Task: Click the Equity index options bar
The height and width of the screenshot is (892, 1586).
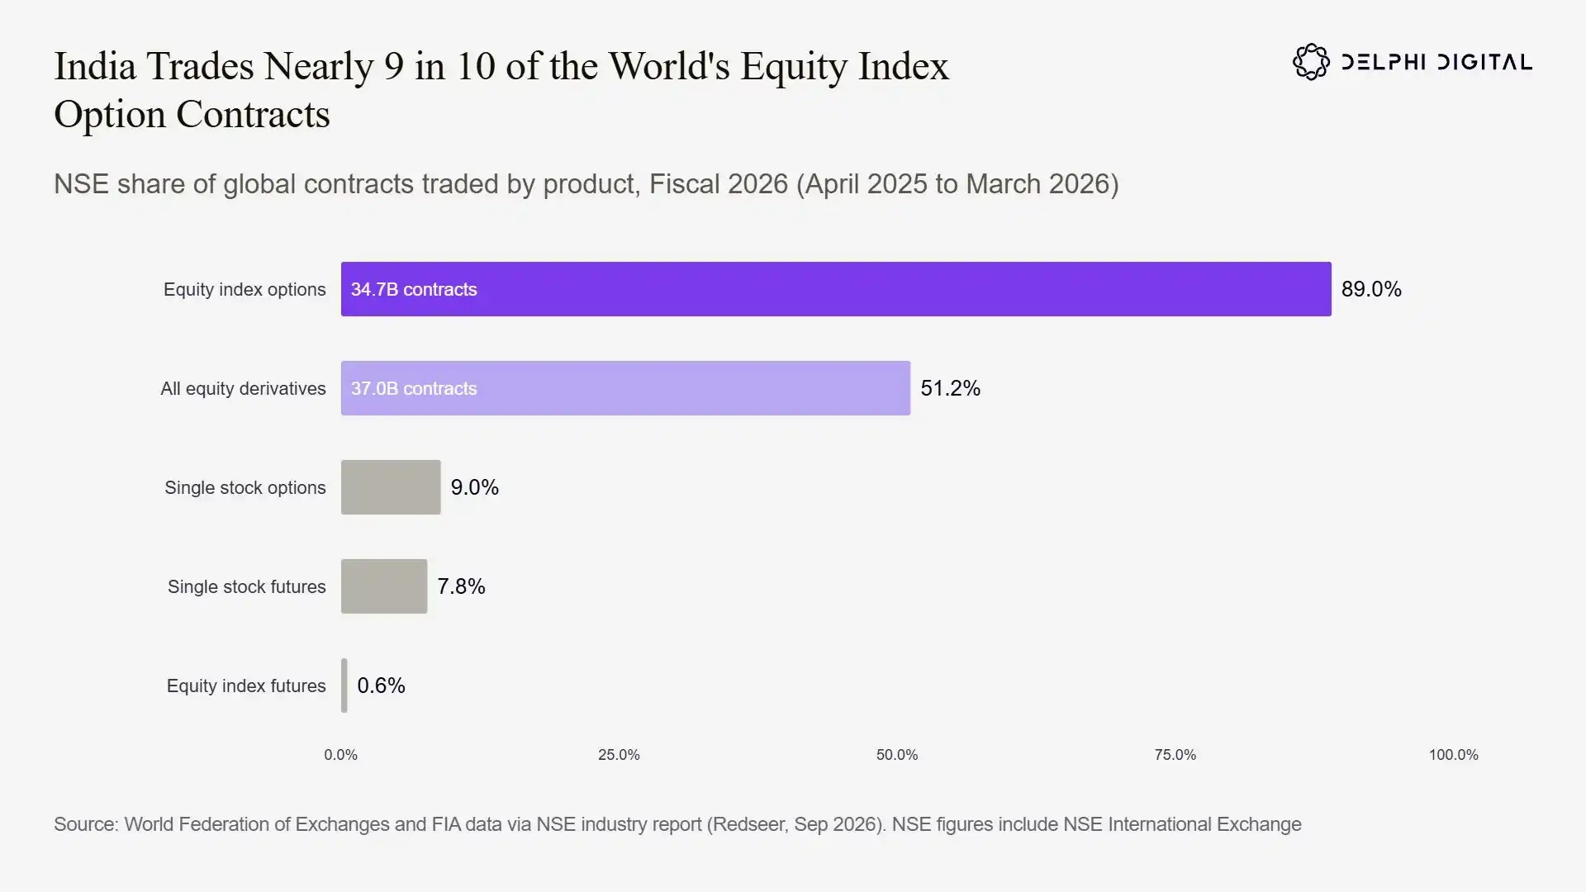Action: (836, 289)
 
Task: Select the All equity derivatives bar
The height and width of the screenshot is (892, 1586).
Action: (625, 388)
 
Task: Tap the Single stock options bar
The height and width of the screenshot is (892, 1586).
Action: (391, 487)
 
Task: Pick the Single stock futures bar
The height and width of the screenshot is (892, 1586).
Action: (384, 586)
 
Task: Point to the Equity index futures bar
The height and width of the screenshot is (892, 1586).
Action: (344, 686)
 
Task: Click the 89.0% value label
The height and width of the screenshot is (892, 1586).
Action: (1371, 289)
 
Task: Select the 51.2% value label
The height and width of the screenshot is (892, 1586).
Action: (950, 388)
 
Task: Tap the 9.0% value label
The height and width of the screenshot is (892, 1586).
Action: (474, 487)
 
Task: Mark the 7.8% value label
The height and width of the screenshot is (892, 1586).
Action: (461, 586)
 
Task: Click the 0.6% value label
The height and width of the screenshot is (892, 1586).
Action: (381, 686)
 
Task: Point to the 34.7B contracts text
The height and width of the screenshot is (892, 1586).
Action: (414, 289)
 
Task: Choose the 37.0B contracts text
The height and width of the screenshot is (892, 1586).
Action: (414, 388)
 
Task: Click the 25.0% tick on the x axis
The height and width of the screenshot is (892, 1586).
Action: (619, 755)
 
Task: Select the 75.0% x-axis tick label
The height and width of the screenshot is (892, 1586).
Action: (1175, 755)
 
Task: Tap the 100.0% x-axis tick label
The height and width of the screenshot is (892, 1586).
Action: (1454, 755)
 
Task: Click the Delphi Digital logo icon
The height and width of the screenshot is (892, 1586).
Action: (1311, 62)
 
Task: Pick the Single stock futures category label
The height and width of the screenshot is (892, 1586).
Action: (247, 586)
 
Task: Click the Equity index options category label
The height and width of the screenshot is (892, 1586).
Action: (245, 290)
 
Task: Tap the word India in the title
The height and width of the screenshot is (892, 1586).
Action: (95, 66)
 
